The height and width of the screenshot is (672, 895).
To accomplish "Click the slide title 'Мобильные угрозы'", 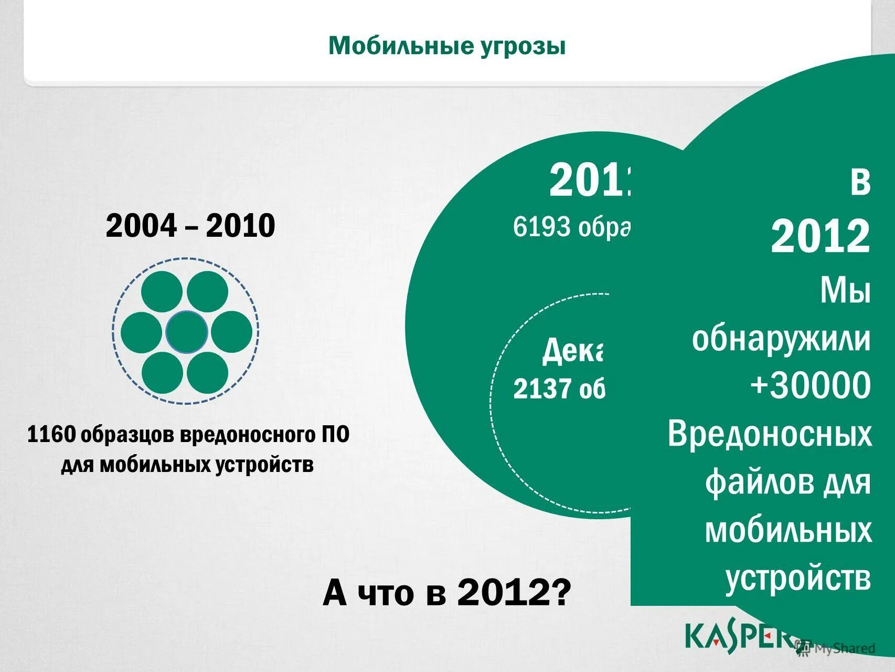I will (x=447, y=46).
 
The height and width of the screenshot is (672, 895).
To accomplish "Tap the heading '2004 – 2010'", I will (x=190, y=226).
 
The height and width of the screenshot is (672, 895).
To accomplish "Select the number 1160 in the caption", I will (x=51, y=435).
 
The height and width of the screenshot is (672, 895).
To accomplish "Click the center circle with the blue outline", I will (x=186, y=332).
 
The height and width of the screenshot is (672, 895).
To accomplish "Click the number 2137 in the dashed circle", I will (x=542, y=389).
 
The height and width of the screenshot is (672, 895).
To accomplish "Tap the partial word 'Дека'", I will (x=573, y=351).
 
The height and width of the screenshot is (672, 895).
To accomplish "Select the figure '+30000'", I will (x=810, y=385).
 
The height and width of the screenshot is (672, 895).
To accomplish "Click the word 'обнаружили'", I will (x=781, y=339).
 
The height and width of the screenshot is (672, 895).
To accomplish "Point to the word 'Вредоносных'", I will (x=770, y=435).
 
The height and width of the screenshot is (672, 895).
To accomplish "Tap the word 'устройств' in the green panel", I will (x=798, y=579).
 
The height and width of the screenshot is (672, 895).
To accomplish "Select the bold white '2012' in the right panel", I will (x=820, y=237).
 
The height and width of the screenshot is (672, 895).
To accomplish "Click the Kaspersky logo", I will (x=740, y=636).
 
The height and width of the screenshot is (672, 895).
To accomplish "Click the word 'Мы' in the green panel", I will (x=845, y=290).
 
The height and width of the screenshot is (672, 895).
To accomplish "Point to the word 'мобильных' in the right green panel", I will (x=788, y=530).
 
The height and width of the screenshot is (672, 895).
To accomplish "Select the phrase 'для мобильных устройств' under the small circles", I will (x=187, y=465).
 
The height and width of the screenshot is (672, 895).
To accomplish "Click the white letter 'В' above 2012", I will (x=860, y=183).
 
